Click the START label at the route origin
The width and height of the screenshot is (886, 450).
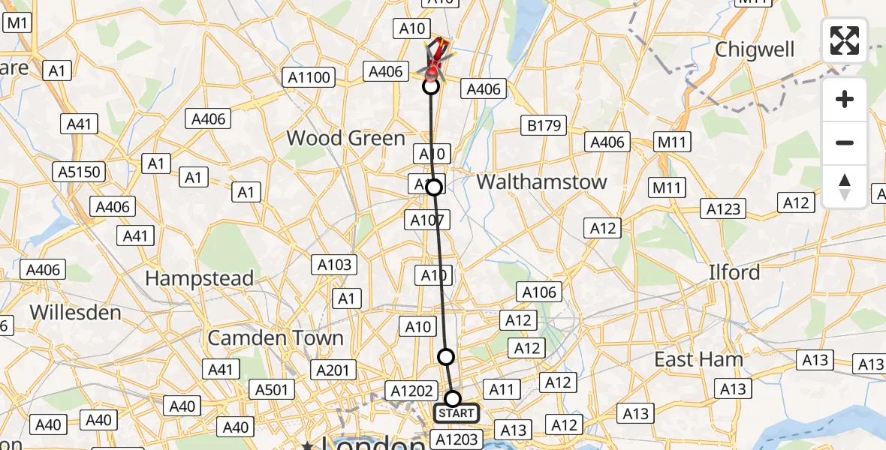(456, 413)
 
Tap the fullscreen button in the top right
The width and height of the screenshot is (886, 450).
(845, 40)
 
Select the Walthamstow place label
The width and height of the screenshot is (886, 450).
(541, 181)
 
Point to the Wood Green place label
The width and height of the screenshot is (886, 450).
(346, 138)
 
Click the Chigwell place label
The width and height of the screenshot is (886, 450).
(755, 49)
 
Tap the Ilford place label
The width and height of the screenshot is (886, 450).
(734, 271)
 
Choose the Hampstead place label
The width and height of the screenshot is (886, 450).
(199, 278)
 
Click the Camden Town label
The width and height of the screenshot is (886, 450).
(276, 337)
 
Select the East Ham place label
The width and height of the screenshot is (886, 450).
(698, 359)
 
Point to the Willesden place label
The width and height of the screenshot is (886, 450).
(75, 312)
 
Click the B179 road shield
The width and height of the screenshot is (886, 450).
(544, 126)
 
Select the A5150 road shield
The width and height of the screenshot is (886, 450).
(79, 172)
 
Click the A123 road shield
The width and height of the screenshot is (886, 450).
(723, 209)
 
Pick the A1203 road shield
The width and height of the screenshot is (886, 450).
(457, 439)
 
